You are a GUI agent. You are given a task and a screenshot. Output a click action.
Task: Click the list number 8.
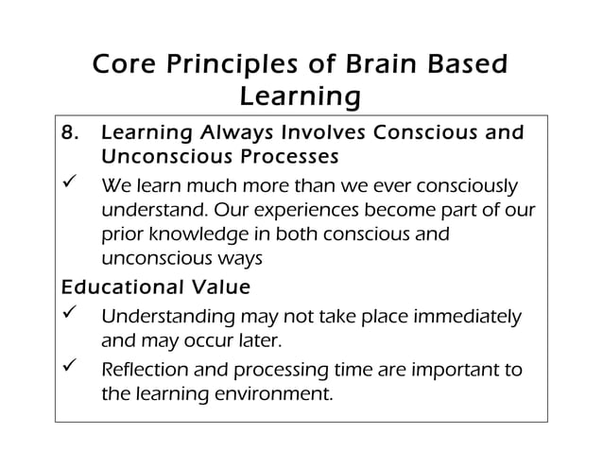pos(68,133)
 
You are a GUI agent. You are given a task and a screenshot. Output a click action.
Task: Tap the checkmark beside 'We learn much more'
pos(69,183)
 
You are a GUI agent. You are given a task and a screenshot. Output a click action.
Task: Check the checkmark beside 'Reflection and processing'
pos(69,368)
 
